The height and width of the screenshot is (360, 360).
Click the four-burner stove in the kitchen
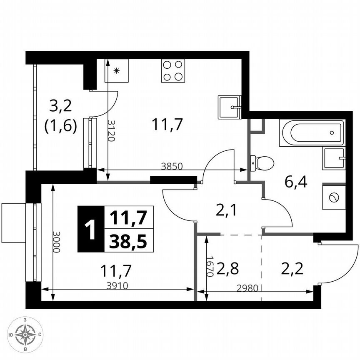tap(173, 70)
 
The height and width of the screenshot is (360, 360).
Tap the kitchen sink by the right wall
tap(229, 107)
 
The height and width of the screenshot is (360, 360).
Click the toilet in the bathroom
tap(262, 163)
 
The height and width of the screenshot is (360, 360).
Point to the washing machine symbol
tap(334, 197)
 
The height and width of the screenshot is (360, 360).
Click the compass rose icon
tap(26, 334)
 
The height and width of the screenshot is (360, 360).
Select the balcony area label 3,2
tap(61, 106)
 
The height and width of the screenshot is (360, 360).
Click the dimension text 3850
tap(172, 166)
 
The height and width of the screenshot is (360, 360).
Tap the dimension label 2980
tap(248, 287)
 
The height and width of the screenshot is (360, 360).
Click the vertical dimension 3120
tap(111, 130)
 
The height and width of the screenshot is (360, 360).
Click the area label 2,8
tap(227, 268)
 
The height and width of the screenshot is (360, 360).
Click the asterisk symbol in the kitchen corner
tap(116, 70)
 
